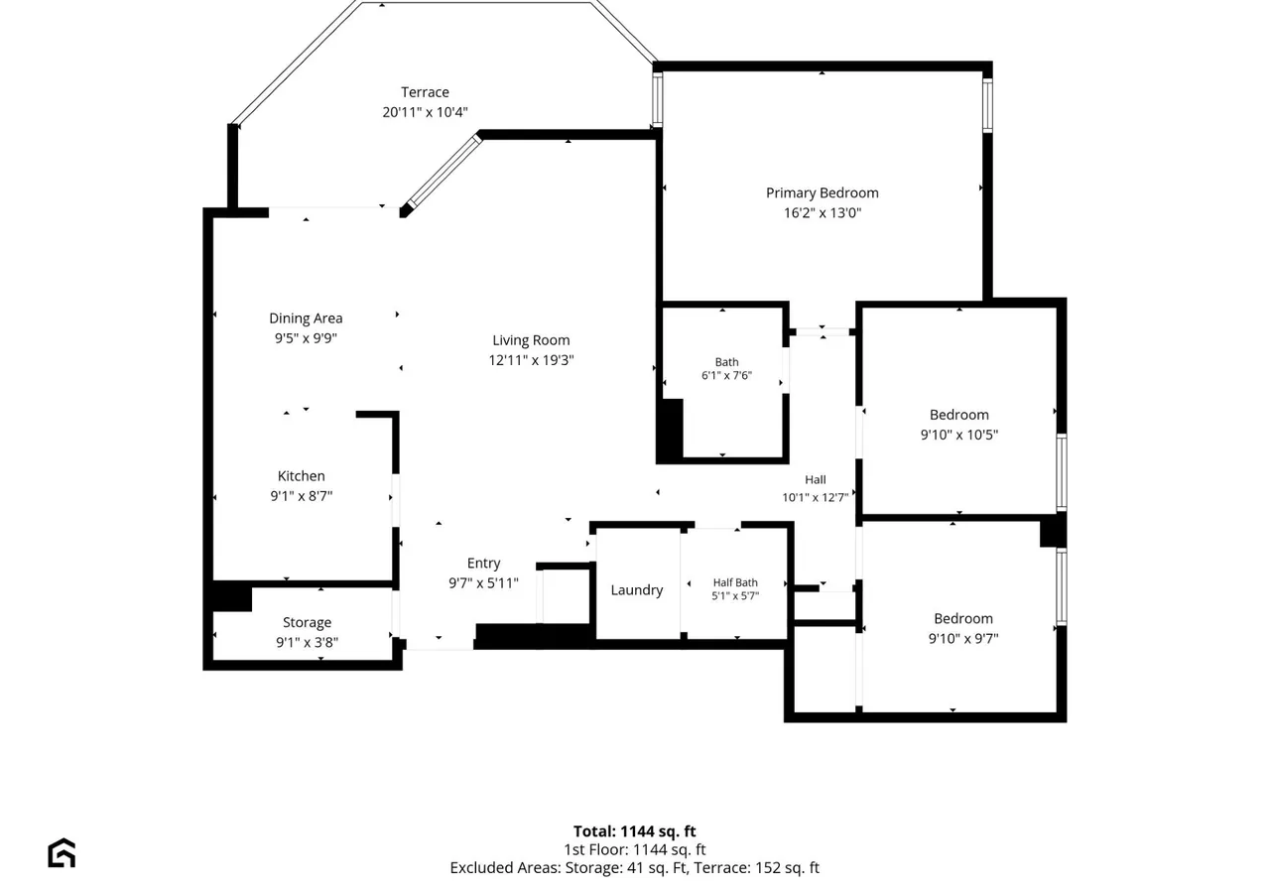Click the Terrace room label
tap(425, 92)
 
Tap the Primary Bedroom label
tap(823, 192)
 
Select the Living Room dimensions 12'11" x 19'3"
tap(531, 360)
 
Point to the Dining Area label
tap(306, 318)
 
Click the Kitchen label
tap(301, 475)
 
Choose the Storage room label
tap(307, 622)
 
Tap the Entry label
tap(483, 563)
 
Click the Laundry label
tap(637, 590)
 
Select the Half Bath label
tap(735, 582)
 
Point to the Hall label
tap(816, 479)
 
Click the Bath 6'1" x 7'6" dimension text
tap(726, 375)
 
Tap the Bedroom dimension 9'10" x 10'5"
tap(958, 435)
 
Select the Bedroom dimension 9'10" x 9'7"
tap(962, 638)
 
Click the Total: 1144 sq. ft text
tap(634, 831)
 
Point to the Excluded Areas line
tap(634, 867)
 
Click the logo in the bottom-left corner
tap(62, 853)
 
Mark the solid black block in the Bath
tap(670, 430)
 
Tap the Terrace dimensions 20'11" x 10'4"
tap(425, 112)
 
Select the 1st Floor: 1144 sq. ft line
tap(634, 849)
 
